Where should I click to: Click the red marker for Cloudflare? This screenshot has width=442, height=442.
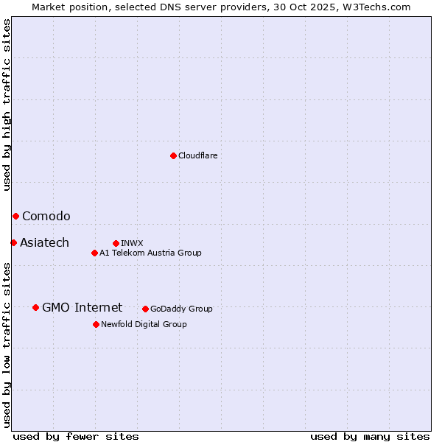(x=173, y=155)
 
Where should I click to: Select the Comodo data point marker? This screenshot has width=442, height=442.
(x=15, y=216)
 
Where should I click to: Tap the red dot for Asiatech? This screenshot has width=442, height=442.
(x=13, y=242)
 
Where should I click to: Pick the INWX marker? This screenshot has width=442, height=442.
(x=116, y=243)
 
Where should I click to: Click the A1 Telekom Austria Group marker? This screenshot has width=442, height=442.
(x=94, y=253)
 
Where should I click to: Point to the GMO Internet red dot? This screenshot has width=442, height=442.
(x=35, y=307)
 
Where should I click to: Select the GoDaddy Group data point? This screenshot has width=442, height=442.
(x=145, y=309)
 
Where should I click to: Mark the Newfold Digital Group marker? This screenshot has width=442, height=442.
(x=96, y=324)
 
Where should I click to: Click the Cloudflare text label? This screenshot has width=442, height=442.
(x=197, y=155)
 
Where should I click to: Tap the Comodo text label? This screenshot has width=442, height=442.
(x=46, y=216)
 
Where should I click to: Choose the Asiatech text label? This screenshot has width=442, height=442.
(x=44, y=242)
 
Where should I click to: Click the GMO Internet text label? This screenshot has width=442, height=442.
(x=82, y=307)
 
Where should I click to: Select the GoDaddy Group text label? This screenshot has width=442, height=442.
(x=181, y=309)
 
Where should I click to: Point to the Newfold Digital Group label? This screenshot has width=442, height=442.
(x=144, y=324)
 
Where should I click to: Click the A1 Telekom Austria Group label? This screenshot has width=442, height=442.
(x=150, y=253)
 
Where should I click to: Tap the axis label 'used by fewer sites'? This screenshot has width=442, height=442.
(x=76, y=436)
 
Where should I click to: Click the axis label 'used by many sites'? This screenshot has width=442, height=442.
(x=370, y=436)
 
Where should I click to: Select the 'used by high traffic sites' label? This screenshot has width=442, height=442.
(x=7, y=105)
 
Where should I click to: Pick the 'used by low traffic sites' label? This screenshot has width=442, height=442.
(x=7, y=345)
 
